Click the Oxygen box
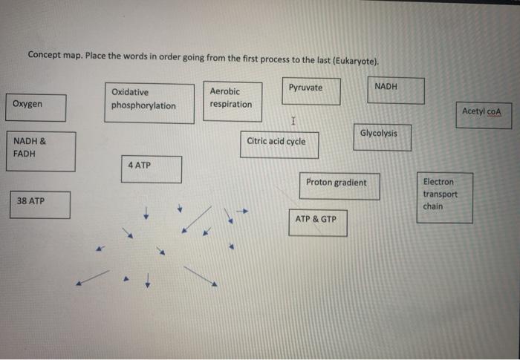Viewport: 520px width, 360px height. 36,108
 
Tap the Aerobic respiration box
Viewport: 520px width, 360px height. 233,101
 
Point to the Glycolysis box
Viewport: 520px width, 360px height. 382,137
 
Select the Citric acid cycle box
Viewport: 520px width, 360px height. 282,144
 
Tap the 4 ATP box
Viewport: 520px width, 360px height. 152,168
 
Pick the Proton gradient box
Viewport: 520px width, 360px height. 339,186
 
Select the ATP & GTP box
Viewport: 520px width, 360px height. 317,223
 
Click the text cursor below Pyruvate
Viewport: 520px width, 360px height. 294,120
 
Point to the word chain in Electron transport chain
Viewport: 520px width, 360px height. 433,206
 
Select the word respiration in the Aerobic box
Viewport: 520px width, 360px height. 230,105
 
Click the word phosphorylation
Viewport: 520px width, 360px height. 143,106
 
